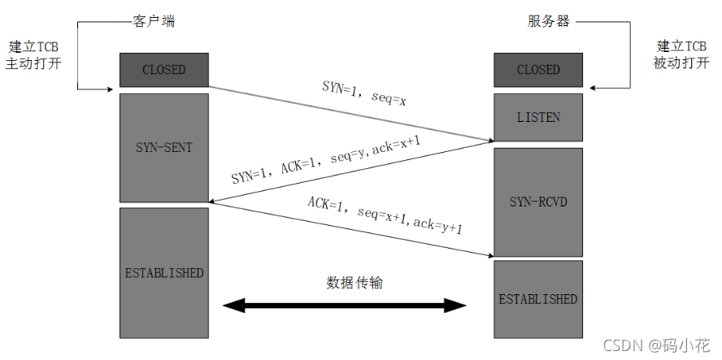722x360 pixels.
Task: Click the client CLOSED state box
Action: [163, 70]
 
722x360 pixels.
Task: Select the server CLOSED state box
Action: [538, 70]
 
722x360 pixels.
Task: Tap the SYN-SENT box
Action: [163, 147]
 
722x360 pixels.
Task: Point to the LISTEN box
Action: [538, 117]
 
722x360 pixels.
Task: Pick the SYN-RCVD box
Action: [538, 201]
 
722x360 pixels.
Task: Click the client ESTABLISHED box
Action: [163, 272]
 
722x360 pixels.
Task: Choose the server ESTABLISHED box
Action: [538, 298]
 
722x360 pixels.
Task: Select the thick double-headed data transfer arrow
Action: [345, 306]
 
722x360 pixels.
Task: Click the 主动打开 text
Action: [33, 63]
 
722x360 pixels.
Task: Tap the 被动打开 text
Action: [681, 63]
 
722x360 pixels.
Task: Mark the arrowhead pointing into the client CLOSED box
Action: [115, 89]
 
